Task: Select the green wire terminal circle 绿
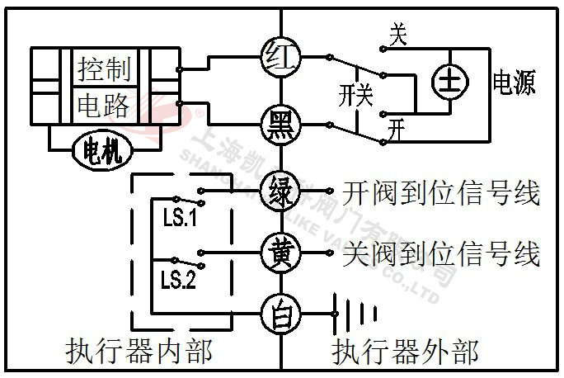click(281, 192)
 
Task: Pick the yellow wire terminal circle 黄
click(281, 250)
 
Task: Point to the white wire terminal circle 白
click(281, 313)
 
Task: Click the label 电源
click(514, 83)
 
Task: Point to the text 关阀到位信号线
click(440, 253)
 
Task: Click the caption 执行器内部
click(138, 352)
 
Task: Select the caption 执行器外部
click(404, 352)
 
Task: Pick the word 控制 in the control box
click(104, 69)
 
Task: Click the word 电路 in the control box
click(104, 105)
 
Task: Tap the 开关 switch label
click(355, 96)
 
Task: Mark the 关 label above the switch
click(398, 34)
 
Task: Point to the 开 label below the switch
click(398, 130)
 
